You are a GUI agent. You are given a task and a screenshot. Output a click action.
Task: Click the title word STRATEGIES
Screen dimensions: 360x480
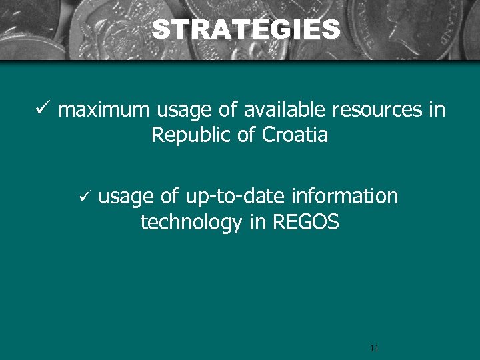pos(245,30)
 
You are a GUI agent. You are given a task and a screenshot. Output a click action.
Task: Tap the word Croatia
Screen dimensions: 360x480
pos(295,135)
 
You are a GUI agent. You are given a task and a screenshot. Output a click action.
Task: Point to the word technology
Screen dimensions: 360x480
pos(191,223)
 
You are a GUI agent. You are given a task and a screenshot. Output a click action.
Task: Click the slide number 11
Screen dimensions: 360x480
pos(373,348)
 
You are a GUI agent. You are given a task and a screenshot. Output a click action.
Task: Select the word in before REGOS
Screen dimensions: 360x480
pos(257,223)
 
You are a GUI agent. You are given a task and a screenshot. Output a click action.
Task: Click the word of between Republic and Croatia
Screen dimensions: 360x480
pos(246,135)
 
